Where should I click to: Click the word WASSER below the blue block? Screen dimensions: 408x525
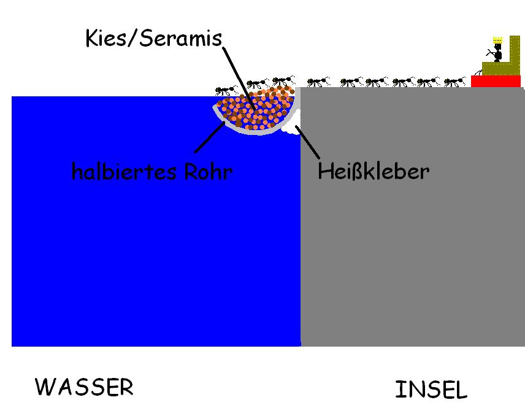(84, 387)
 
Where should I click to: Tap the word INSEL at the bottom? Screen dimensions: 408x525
(431, 390)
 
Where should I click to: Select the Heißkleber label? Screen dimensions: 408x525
(373, 171)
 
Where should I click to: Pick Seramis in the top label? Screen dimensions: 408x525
(182, 39)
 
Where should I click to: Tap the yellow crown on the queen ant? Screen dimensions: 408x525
(498, 40)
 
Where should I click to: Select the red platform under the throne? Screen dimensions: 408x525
(496, 82)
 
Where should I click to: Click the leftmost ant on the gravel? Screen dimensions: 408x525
(226, 90)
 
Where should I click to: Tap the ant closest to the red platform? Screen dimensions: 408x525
(455, 82)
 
